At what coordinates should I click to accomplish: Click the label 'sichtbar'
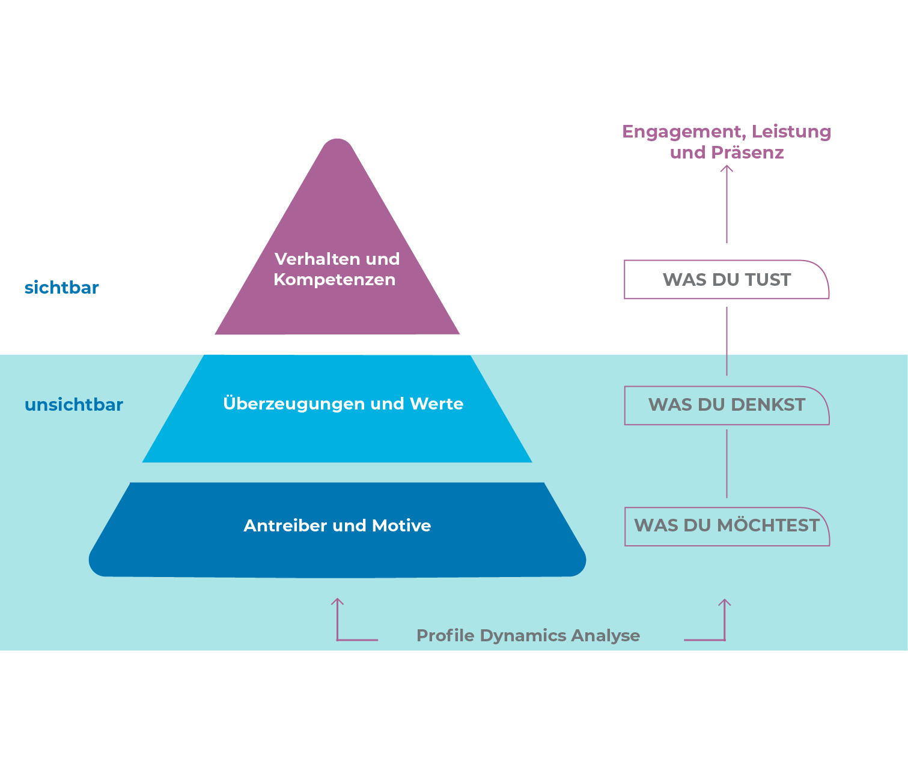(x=61, y=288)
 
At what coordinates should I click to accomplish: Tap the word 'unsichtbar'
(x=74, y=405)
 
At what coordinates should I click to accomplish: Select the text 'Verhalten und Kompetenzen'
(x=337, y=269)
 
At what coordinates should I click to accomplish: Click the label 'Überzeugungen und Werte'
(x=343, y=404)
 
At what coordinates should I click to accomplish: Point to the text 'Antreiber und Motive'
(x=337, y=525)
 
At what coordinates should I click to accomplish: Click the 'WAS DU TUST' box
(x=727, y=280)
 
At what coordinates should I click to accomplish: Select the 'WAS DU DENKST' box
(x=727, y=405)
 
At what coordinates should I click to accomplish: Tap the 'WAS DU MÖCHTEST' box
(x=727, y=526)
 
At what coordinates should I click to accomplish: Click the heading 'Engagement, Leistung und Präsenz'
(x=727, y=142)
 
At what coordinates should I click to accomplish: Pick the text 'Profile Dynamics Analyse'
(x=528, y=635)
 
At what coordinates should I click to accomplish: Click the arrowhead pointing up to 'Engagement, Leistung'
(x=727, y=169)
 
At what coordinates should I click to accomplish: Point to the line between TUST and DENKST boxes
(x=727, y=341)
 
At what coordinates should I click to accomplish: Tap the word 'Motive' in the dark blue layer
(x=401, y=525)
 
